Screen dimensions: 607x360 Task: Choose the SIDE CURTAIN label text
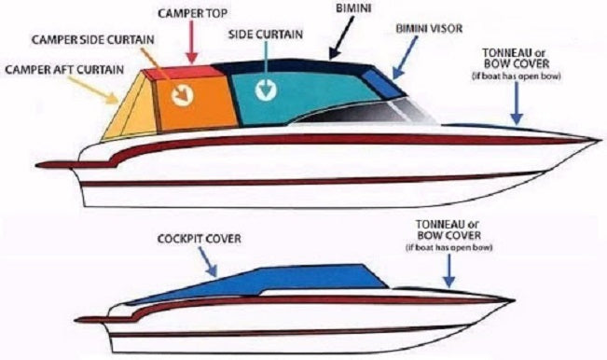266,34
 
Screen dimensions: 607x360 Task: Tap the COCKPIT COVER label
199,238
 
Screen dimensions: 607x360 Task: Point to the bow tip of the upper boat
591,140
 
